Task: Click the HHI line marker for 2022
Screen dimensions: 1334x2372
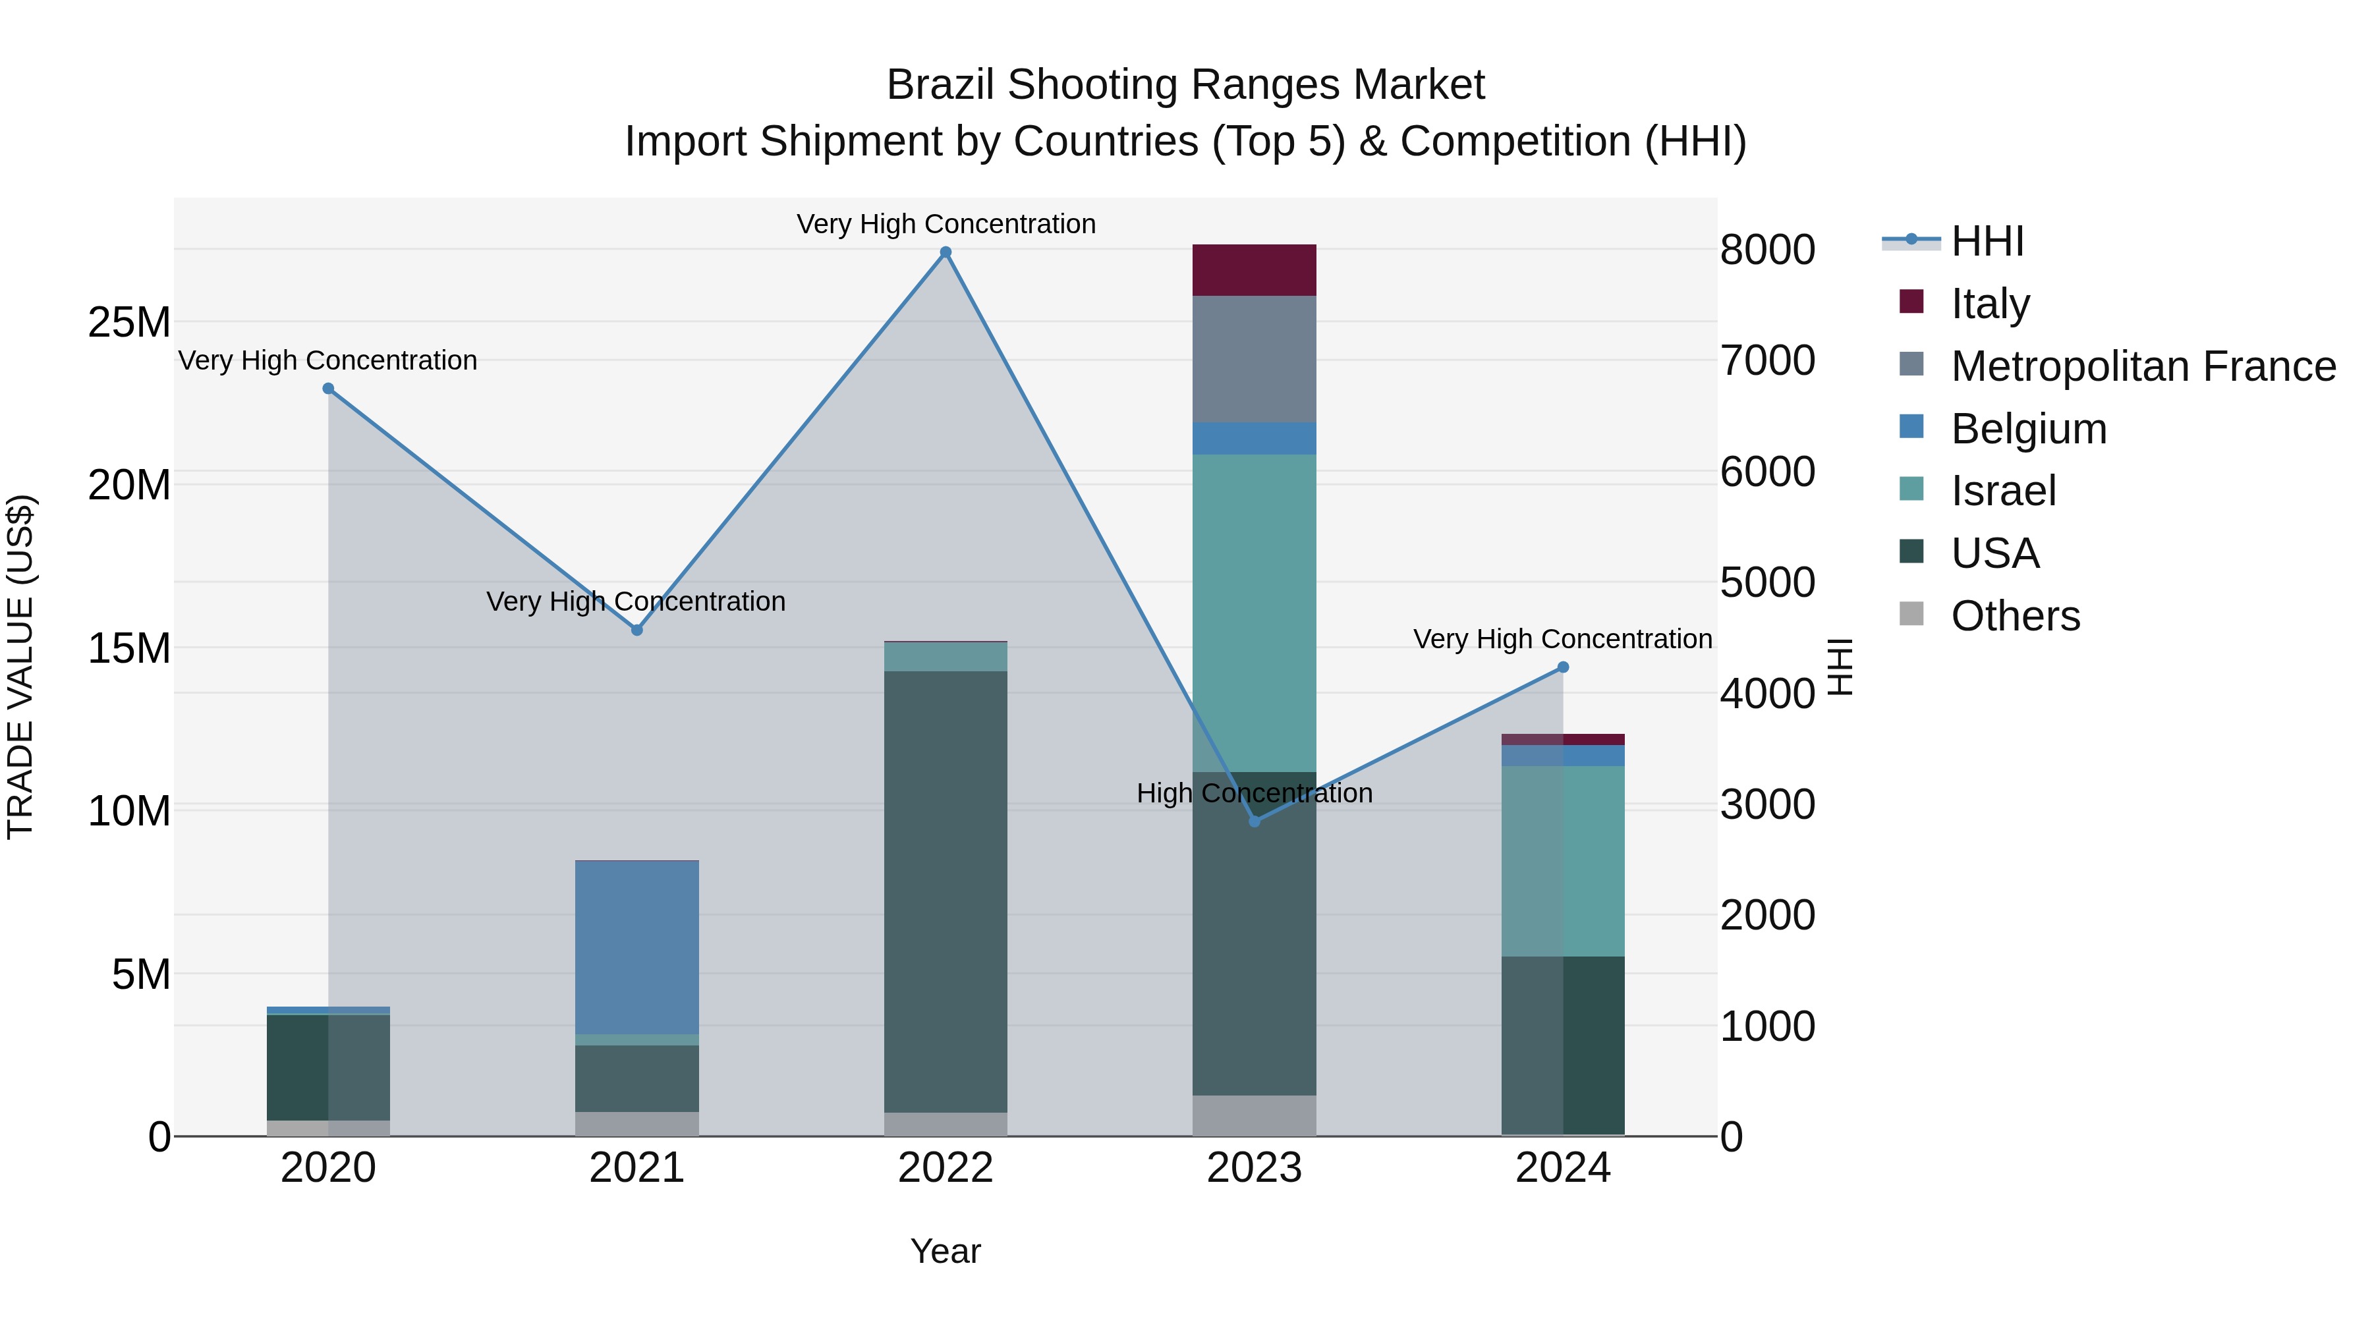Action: click(945, 252)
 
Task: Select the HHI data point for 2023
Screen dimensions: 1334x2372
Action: click(1254, 820)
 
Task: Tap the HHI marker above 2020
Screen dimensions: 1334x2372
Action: click(328, 389)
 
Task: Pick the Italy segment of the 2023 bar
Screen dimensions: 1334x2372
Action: click(1254, 269)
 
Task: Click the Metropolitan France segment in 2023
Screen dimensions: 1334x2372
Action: click(1254, 359)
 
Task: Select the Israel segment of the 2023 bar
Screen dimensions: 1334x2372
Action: click(1254, 612)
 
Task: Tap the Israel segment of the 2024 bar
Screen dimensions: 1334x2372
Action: click(1563, 861)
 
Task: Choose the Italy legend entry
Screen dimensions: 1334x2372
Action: click(1989, 304)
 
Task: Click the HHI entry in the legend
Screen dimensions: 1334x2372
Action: click(1987, 241)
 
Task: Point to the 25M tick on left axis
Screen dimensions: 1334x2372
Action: click(129, 322)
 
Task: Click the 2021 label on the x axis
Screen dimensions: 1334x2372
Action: click(636, 1168)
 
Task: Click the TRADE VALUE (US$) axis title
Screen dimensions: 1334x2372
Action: click(20, 667)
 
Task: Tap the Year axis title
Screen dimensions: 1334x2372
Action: click(945, 1251)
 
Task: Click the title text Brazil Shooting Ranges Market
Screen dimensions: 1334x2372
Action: click(1185, 85)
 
